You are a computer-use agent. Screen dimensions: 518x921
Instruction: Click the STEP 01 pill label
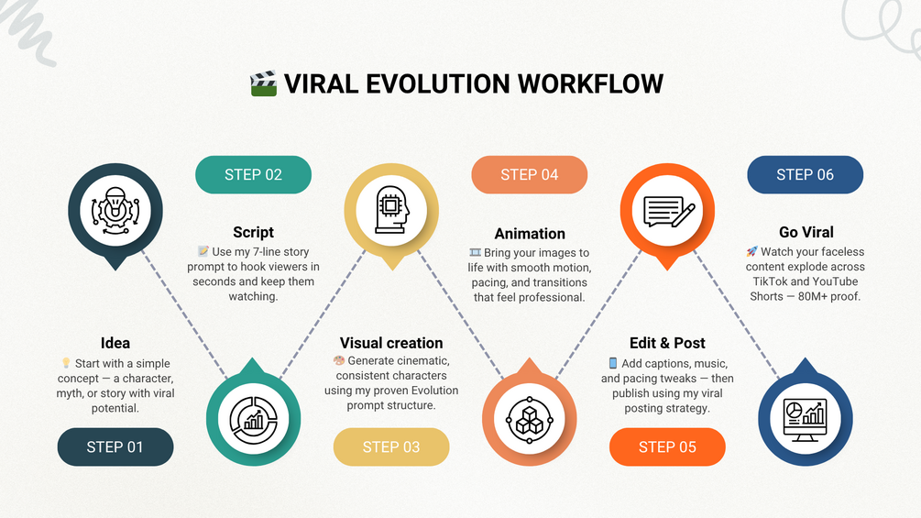[115, 446]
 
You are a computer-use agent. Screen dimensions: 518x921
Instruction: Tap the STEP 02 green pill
[253, 174]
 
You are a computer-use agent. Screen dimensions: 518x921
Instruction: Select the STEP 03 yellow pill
[391, 446]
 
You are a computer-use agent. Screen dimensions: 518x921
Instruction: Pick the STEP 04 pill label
[529, 174]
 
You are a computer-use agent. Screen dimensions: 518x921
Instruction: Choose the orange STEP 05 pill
[667, 446]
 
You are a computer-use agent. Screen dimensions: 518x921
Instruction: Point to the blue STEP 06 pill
[806, 174]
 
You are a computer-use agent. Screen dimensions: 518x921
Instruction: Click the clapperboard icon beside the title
[264, 83]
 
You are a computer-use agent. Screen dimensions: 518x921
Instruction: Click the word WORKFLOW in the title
[590, 83]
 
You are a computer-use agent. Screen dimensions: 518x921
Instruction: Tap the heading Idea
[115, 343]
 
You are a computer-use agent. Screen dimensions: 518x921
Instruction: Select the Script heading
[253, 232]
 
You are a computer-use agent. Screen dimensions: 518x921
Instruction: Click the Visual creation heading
[391, 343]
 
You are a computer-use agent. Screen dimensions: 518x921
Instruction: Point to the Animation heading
[530, 234]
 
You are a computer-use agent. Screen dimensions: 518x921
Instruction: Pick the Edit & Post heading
[667, 343]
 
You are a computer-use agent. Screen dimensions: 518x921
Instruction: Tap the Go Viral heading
[806, 232]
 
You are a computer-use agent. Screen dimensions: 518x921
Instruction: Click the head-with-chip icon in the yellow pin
[391, 211]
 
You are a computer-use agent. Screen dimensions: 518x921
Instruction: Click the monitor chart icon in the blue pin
[806, 418]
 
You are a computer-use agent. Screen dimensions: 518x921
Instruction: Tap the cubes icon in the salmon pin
[529, 419]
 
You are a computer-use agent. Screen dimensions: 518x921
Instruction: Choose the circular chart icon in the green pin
[253, 419]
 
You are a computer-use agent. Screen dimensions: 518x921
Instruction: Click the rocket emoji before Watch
[751, 251]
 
